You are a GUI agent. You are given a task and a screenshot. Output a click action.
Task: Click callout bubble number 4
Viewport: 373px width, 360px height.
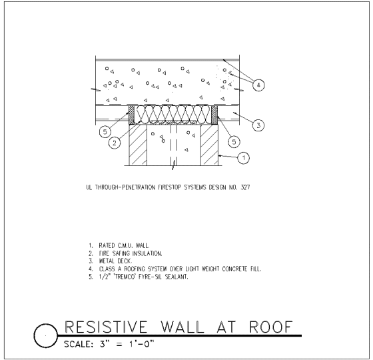coord(258,85)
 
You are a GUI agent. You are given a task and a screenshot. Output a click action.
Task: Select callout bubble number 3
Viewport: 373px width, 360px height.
coord(258,125)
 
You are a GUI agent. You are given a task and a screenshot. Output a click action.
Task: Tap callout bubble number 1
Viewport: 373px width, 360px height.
coord(243,157)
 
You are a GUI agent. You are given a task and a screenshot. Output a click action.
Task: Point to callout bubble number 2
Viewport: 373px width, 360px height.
coord(115,143)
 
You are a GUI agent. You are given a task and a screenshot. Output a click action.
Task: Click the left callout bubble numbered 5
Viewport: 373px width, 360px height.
coord(105,132)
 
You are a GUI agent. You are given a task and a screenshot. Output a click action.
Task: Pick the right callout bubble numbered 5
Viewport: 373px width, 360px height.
coord(234,141)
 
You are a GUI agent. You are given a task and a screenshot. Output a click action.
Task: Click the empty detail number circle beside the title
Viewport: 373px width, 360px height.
coord(46,336)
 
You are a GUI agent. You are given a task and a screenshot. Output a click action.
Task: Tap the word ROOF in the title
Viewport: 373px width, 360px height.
coord(271,327)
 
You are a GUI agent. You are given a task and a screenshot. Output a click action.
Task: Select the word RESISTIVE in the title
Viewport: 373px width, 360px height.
coord(106,327)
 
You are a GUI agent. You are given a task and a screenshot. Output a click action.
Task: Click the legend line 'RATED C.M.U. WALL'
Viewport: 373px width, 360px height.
coord(124,245)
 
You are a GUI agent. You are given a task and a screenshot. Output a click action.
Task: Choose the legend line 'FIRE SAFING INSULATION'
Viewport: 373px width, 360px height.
coord(131,253)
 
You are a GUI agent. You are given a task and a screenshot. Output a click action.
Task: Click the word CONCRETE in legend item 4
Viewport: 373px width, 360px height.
coord(235,269)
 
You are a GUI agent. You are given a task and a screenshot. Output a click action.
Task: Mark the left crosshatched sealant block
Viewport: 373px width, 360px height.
coord(132,115)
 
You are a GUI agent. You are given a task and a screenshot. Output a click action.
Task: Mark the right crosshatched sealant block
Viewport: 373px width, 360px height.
coord(214,115)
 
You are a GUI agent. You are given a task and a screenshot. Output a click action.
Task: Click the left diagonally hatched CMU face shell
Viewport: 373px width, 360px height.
coord(138,145)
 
